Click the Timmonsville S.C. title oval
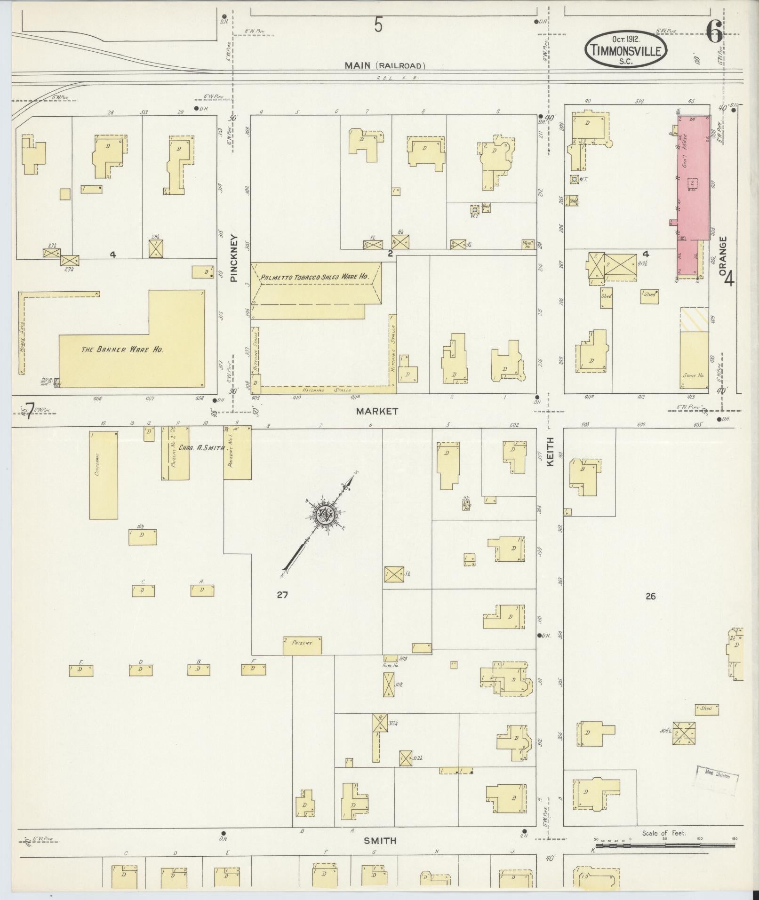626,49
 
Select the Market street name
377,411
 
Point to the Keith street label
550,452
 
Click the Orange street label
723,256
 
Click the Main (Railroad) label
384,66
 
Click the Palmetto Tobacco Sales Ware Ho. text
314,278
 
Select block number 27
282,595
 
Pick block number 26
650,596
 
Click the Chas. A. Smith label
206,448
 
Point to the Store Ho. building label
693,375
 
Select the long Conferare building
104,474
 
